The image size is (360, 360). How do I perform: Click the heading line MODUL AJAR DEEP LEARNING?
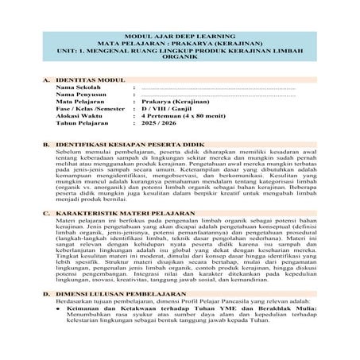pos(179,37)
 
